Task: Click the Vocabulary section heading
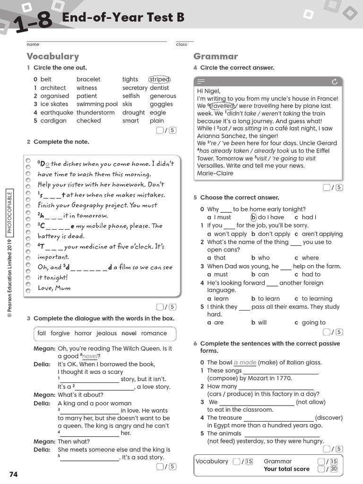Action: click(x=53, y=56)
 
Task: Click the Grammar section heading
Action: click(x=216, y=56)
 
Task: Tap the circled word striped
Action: click(x=159, y=79)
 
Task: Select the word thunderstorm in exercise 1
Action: click(x=95, y=112)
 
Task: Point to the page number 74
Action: click(x=13, y=474)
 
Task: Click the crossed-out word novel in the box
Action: click(x=129, y=333)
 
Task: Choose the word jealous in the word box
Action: click(x=106, y=333)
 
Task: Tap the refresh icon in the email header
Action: click(x=335, y=82)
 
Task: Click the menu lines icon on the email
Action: click(x=201, y=82)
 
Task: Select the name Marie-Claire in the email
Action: click(x=215, y=173)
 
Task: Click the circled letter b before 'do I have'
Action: click(x=253, y=217)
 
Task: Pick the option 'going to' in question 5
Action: click(x=313, y=323)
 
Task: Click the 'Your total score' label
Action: click(x=286, y=469)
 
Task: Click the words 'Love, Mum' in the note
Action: click(x=54, y=288)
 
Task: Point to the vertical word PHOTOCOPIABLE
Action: click(x=10, y=212)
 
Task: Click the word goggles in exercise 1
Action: click(x=161, y=104)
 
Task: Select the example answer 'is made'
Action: click(x=245, y=363)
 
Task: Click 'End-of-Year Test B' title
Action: click(x=123, y=18)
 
